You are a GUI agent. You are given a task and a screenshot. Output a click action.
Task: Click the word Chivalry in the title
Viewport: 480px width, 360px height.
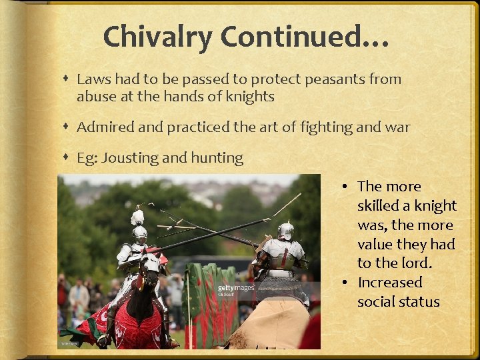(158, 37)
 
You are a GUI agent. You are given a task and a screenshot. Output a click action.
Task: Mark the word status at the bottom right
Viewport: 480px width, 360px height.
(420, 302)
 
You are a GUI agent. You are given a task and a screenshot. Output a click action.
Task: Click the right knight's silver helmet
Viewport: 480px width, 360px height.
(285, 231)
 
